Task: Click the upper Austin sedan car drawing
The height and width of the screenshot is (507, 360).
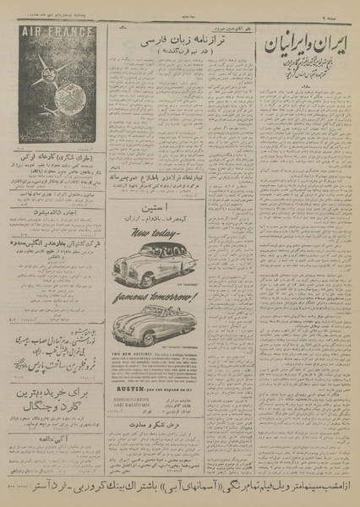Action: click(x=178, y=264)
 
